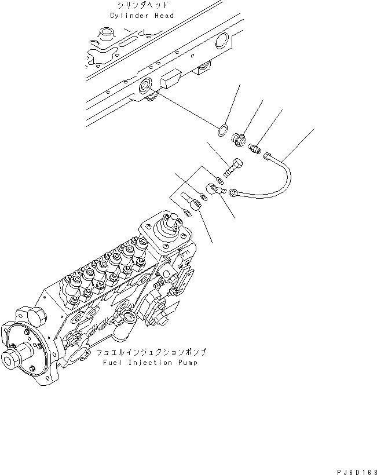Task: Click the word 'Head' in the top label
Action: (x=163, y=16)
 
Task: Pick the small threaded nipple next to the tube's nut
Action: (x=254, y=149)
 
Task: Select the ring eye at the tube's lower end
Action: (x=233, y=193)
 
